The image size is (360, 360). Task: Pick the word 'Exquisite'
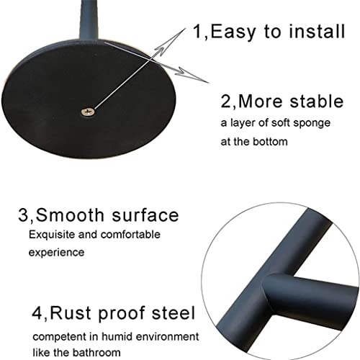52,234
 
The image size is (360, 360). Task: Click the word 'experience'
57,253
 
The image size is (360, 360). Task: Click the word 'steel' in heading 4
171,314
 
